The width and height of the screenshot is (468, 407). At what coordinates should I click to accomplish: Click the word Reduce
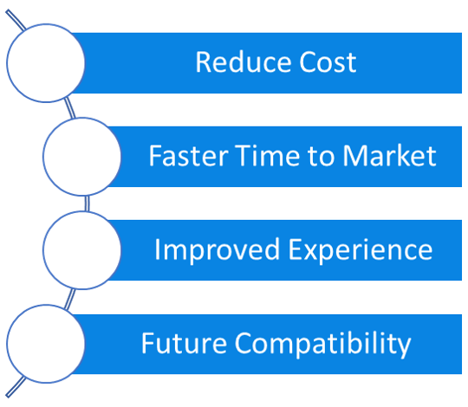[x=244, y=62]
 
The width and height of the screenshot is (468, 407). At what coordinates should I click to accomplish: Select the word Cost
[x=328, y=62]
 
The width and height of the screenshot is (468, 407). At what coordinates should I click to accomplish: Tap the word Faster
[x=189, y=156]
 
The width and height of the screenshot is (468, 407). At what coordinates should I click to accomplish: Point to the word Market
[x=389, y=156]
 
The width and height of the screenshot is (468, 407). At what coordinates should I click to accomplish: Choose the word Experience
[x=361, y=250]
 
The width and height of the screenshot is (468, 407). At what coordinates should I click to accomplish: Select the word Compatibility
[x=322, y=345]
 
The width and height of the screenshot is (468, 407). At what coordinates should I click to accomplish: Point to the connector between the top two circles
[x=69, y=108]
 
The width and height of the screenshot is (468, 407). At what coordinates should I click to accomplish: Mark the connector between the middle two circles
[x=87, y=203]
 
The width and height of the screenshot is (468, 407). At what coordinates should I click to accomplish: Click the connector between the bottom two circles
[x=70, y=299]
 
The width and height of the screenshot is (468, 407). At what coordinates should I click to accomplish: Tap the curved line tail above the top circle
[x=16, y=20]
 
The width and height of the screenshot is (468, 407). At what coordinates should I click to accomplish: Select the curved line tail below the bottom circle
[x=16, y=387]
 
